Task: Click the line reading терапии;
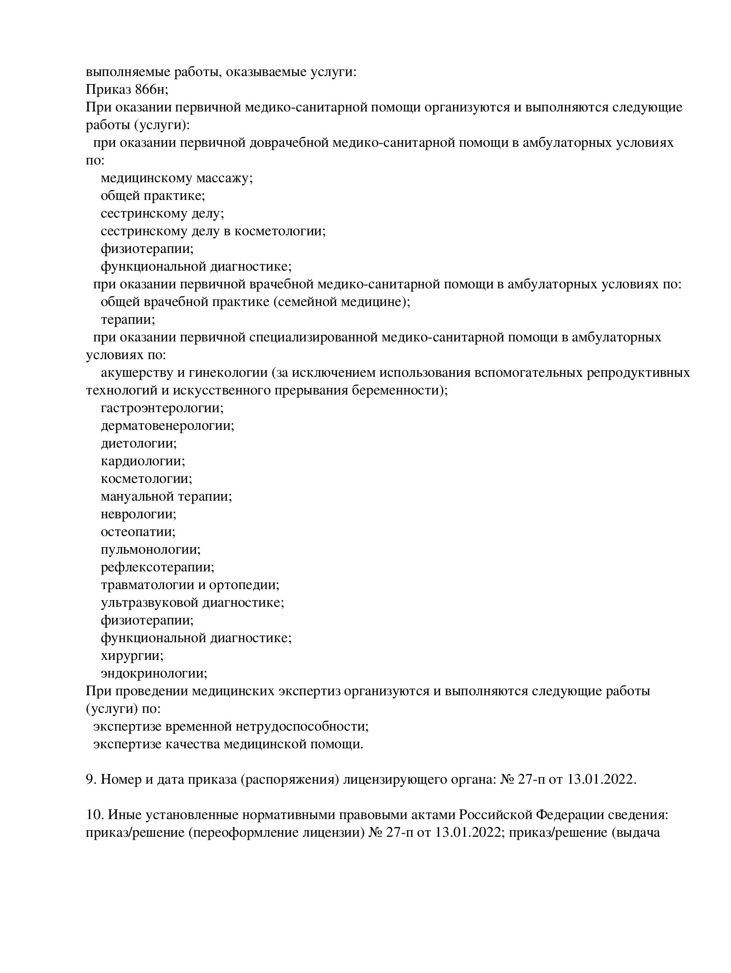click(x=128, y=320)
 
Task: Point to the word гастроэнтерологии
click(x=162, y=408)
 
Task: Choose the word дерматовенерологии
click(x=167, y=426)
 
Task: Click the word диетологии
click(x=138, y=444)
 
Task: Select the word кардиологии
click(x=142, y=461)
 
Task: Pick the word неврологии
click(x=138, y=514)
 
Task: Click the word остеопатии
click(x=138, y=532)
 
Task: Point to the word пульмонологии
click(x=150, y=550)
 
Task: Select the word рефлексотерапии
click(x=157, y=567)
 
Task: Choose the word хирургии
click(x=132, y=656)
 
